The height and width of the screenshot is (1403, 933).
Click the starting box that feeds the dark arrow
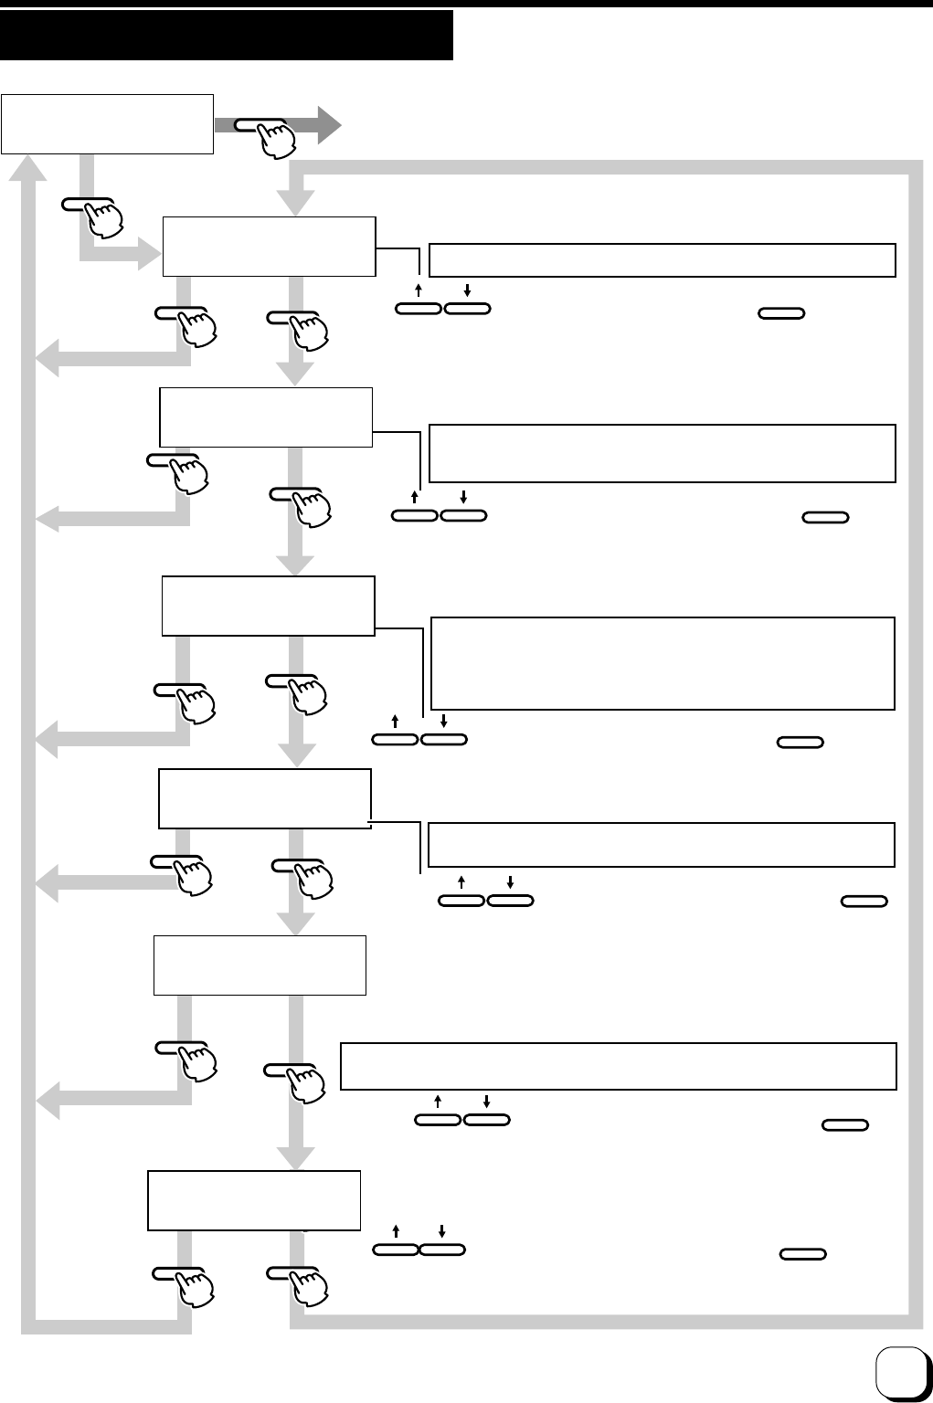tap(107, 122)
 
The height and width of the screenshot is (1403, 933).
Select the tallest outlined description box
tap(662, 663)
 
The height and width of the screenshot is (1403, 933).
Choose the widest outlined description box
tap(618, 1065)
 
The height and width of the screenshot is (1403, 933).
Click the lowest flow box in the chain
tap(254, 1200)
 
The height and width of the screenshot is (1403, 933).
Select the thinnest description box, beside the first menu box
tap(662, 259)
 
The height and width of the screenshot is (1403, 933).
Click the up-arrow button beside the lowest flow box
tap(397, 1248)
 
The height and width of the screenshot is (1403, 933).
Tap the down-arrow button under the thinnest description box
tap(467, 309)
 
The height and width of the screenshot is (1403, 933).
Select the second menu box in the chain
tap(265, 417)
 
